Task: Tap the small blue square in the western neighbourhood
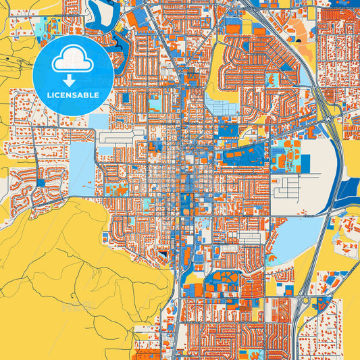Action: point(41,183)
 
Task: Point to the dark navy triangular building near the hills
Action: point(163,253)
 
